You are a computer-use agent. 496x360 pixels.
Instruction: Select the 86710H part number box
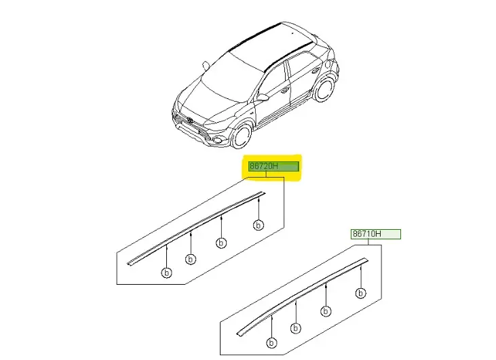pyautogui.click(x=376, y=234)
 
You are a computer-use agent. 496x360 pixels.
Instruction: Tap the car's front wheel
pyautogui.click(x=242, y=136)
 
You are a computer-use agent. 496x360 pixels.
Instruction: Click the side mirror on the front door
pyautogui.click(x=262, y=97)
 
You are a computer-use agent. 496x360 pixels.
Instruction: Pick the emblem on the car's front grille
pyautogui.click(x=189, y=121)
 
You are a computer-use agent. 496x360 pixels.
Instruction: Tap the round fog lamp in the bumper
pyautogui.click(x=217, y=140)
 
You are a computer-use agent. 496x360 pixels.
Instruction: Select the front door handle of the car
pyautogui.click(x=284, y=90)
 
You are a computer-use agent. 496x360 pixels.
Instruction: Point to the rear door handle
pyautogui.click(x=315, y=71)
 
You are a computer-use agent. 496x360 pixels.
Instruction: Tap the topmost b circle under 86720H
pyautogui.click(x=259, y=225)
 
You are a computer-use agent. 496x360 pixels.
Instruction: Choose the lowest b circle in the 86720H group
pyautogui.click(x=167, y=273)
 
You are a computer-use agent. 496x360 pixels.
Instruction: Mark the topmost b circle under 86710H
pyautogui.click(x=360, y=294)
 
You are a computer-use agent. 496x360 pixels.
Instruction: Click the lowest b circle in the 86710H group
pyautogui.click(x=271, y=342)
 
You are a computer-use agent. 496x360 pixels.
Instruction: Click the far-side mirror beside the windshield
pyautogui.click(x=206, y=66)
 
